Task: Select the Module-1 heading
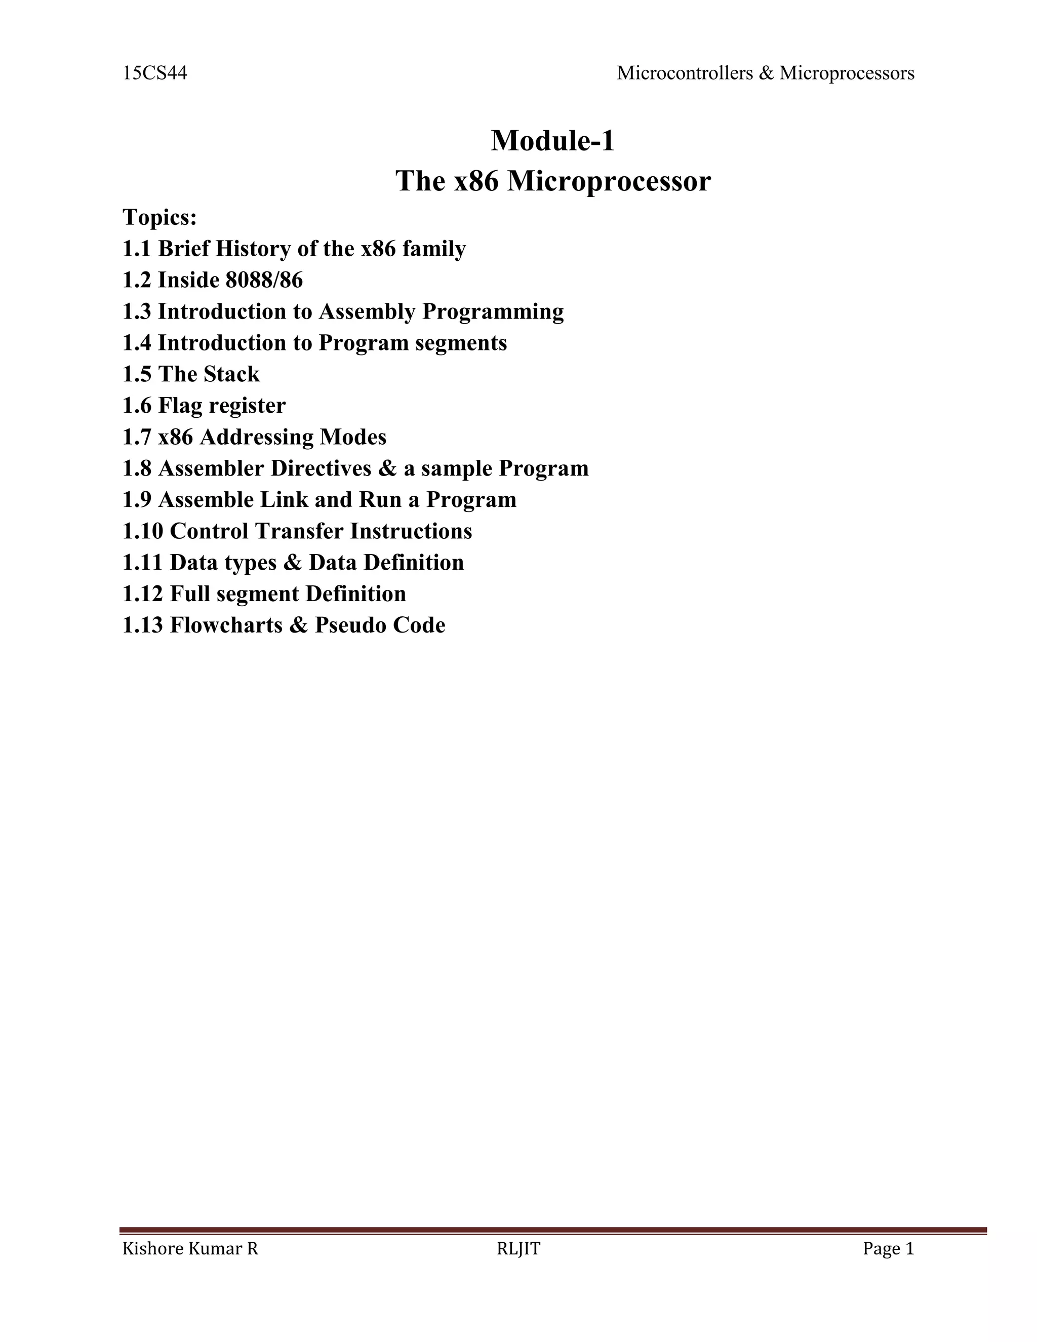click(x=552, y=141)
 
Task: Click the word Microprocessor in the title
click(x=609, y=181)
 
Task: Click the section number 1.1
click(x=136, y=249)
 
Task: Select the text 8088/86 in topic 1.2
click(x=264, y=280)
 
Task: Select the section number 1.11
click(x=142, y=562)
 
